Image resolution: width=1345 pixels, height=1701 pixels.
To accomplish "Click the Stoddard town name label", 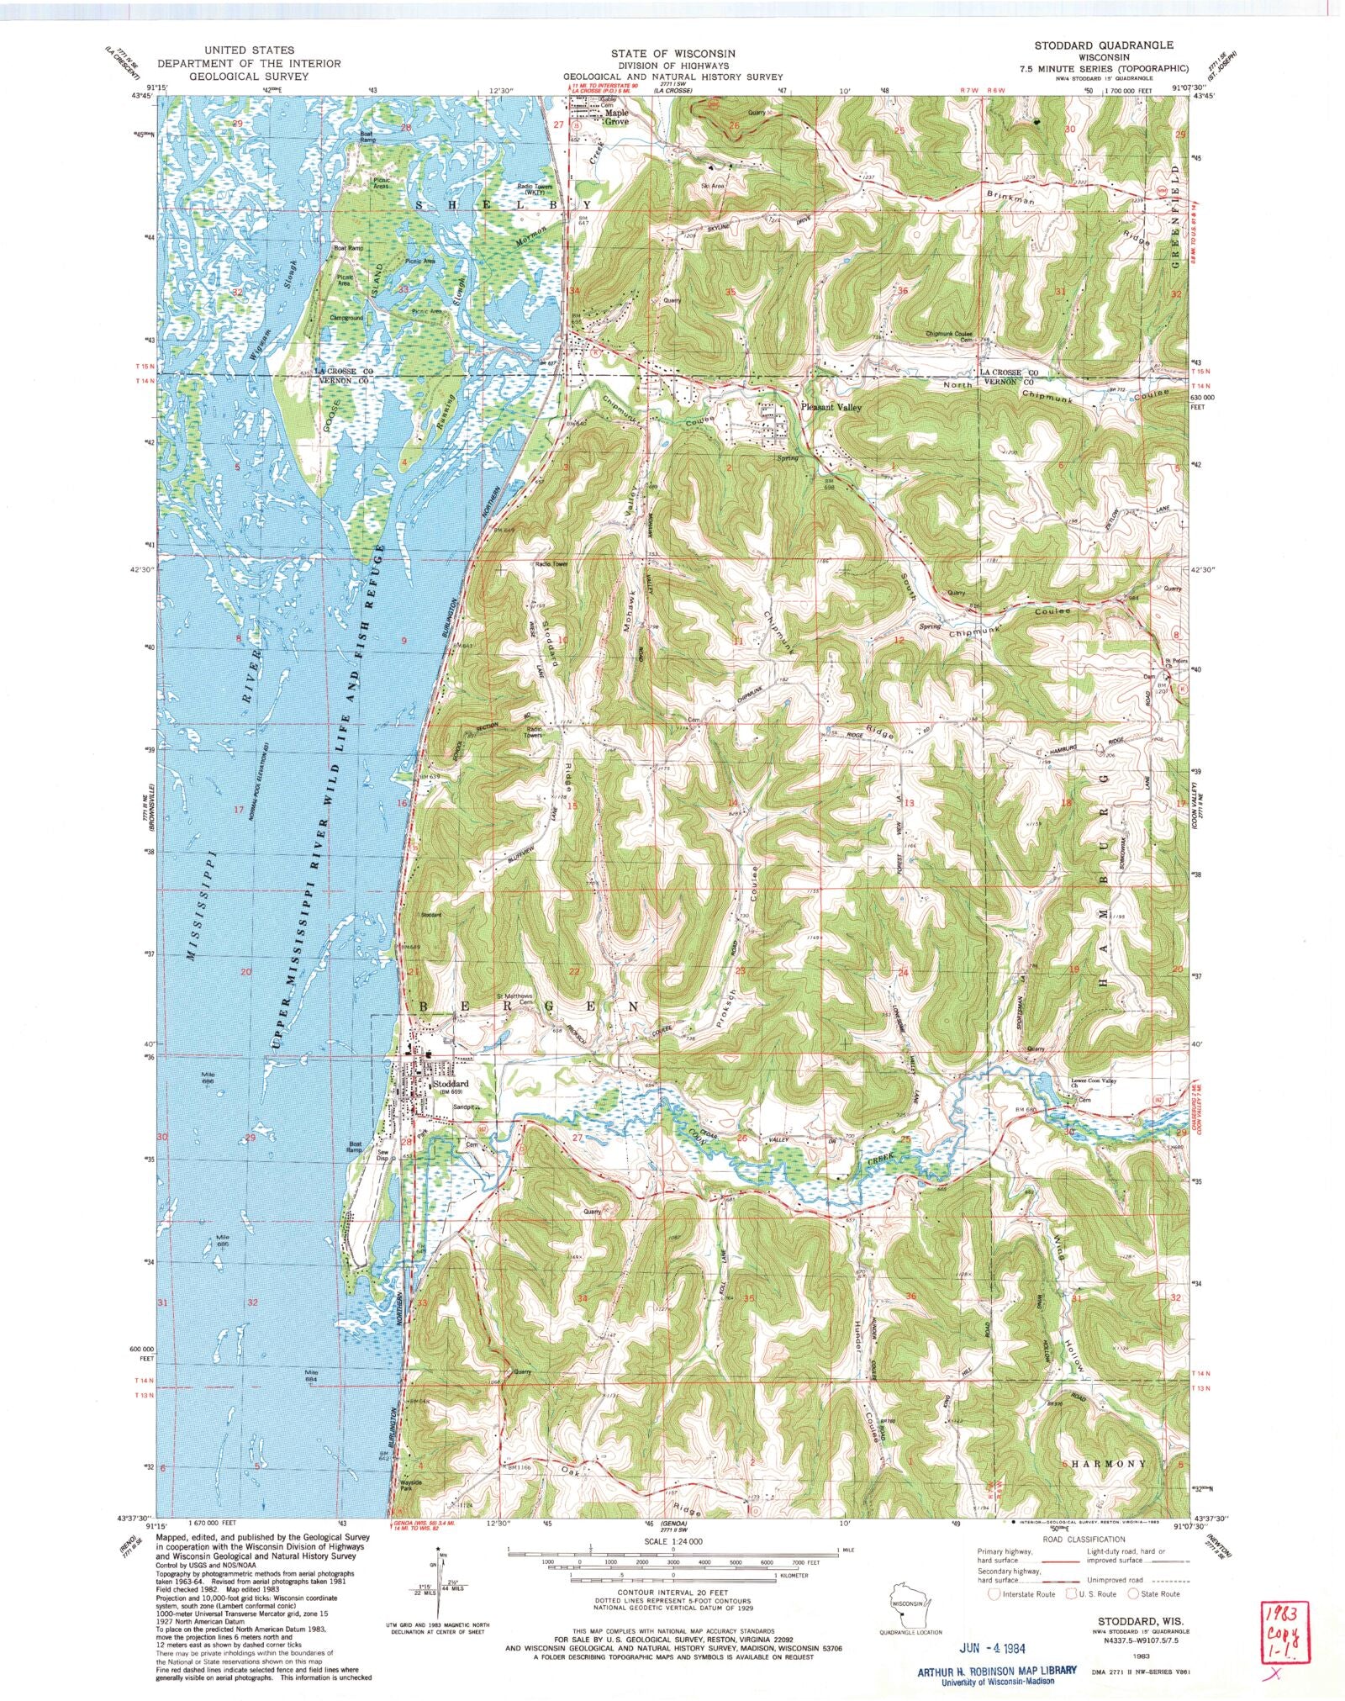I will (450, 1084).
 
